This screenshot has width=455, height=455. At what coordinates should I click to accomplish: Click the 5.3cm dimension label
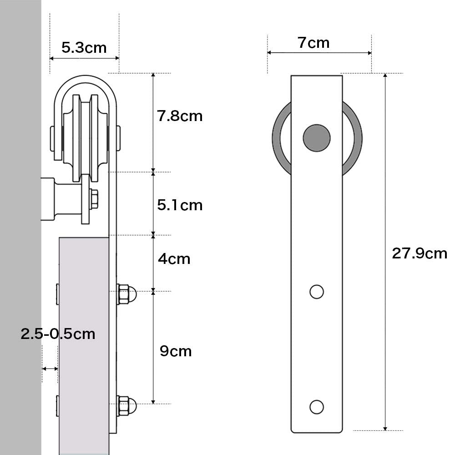[x=84, y=47]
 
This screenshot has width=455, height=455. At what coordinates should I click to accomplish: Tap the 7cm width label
[x=313, y=43]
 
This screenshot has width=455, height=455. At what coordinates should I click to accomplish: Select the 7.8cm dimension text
[x=180, y=116]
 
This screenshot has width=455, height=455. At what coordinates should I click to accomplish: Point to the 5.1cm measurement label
[x=180, y=205]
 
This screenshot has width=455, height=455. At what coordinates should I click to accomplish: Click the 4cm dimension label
[x=174, y=259]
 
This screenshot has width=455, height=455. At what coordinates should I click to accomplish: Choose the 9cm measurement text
[x=176, y=351]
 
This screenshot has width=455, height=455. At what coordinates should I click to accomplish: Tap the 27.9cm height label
[x=420, y=253]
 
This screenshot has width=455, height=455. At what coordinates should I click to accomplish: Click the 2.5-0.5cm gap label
[x=58, y=334]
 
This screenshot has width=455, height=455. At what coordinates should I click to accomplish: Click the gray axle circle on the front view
[x=317, y=137]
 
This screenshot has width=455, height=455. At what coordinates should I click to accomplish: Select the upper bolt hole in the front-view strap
[x=317, y=291]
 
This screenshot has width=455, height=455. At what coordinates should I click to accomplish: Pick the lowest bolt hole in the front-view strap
[x=317, y=406]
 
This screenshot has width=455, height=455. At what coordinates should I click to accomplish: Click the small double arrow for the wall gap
[x=50, y=368]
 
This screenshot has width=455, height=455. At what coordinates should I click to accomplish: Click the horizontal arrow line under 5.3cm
[x=84, y=58]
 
